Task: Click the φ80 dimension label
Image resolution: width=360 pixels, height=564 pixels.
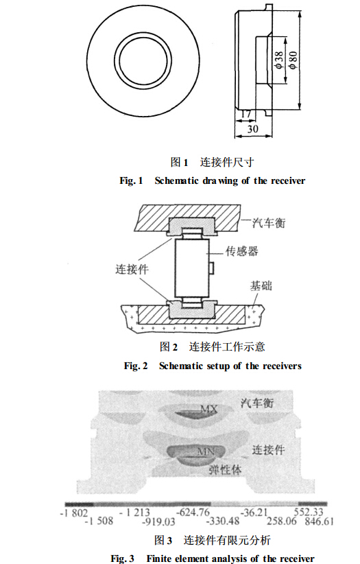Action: tap(293, 60)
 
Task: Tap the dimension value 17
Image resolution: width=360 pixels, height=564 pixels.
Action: tap(245, 115)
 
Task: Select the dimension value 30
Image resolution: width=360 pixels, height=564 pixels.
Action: tap(252, 128)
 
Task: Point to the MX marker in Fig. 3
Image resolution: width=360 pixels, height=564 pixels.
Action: tap(208, 409)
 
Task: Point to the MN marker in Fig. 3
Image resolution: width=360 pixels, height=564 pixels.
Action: tap(206, 451)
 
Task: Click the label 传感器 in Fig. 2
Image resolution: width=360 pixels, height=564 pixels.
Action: tap(241, 250)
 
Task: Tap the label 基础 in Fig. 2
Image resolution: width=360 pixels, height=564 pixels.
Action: tap(261, 286)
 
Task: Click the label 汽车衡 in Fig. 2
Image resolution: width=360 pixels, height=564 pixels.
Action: tap(268, 223)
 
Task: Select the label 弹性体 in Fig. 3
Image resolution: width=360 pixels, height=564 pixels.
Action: tap(225, 470)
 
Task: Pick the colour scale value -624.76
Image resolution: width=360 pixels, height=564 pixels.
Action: tap(193, 512)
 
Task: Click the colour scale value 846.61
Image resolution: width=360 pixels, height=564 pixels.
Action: tap(319, 521)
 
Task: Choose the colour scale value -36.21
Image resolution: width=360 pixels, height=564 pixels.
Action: tap(254, 512)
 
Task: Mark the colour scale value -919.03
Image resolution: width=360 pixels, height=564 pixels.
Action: tap(158, 521)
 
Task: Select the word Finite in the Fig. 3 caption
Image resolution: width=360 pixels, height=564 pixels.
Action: tap(158, 559)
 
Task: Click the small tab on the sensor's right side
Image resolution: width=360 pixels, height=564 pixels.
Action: tap(212, 268)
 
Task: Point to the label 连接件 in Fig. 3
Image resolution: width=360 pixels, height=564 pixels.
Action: tap(268, 449)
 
